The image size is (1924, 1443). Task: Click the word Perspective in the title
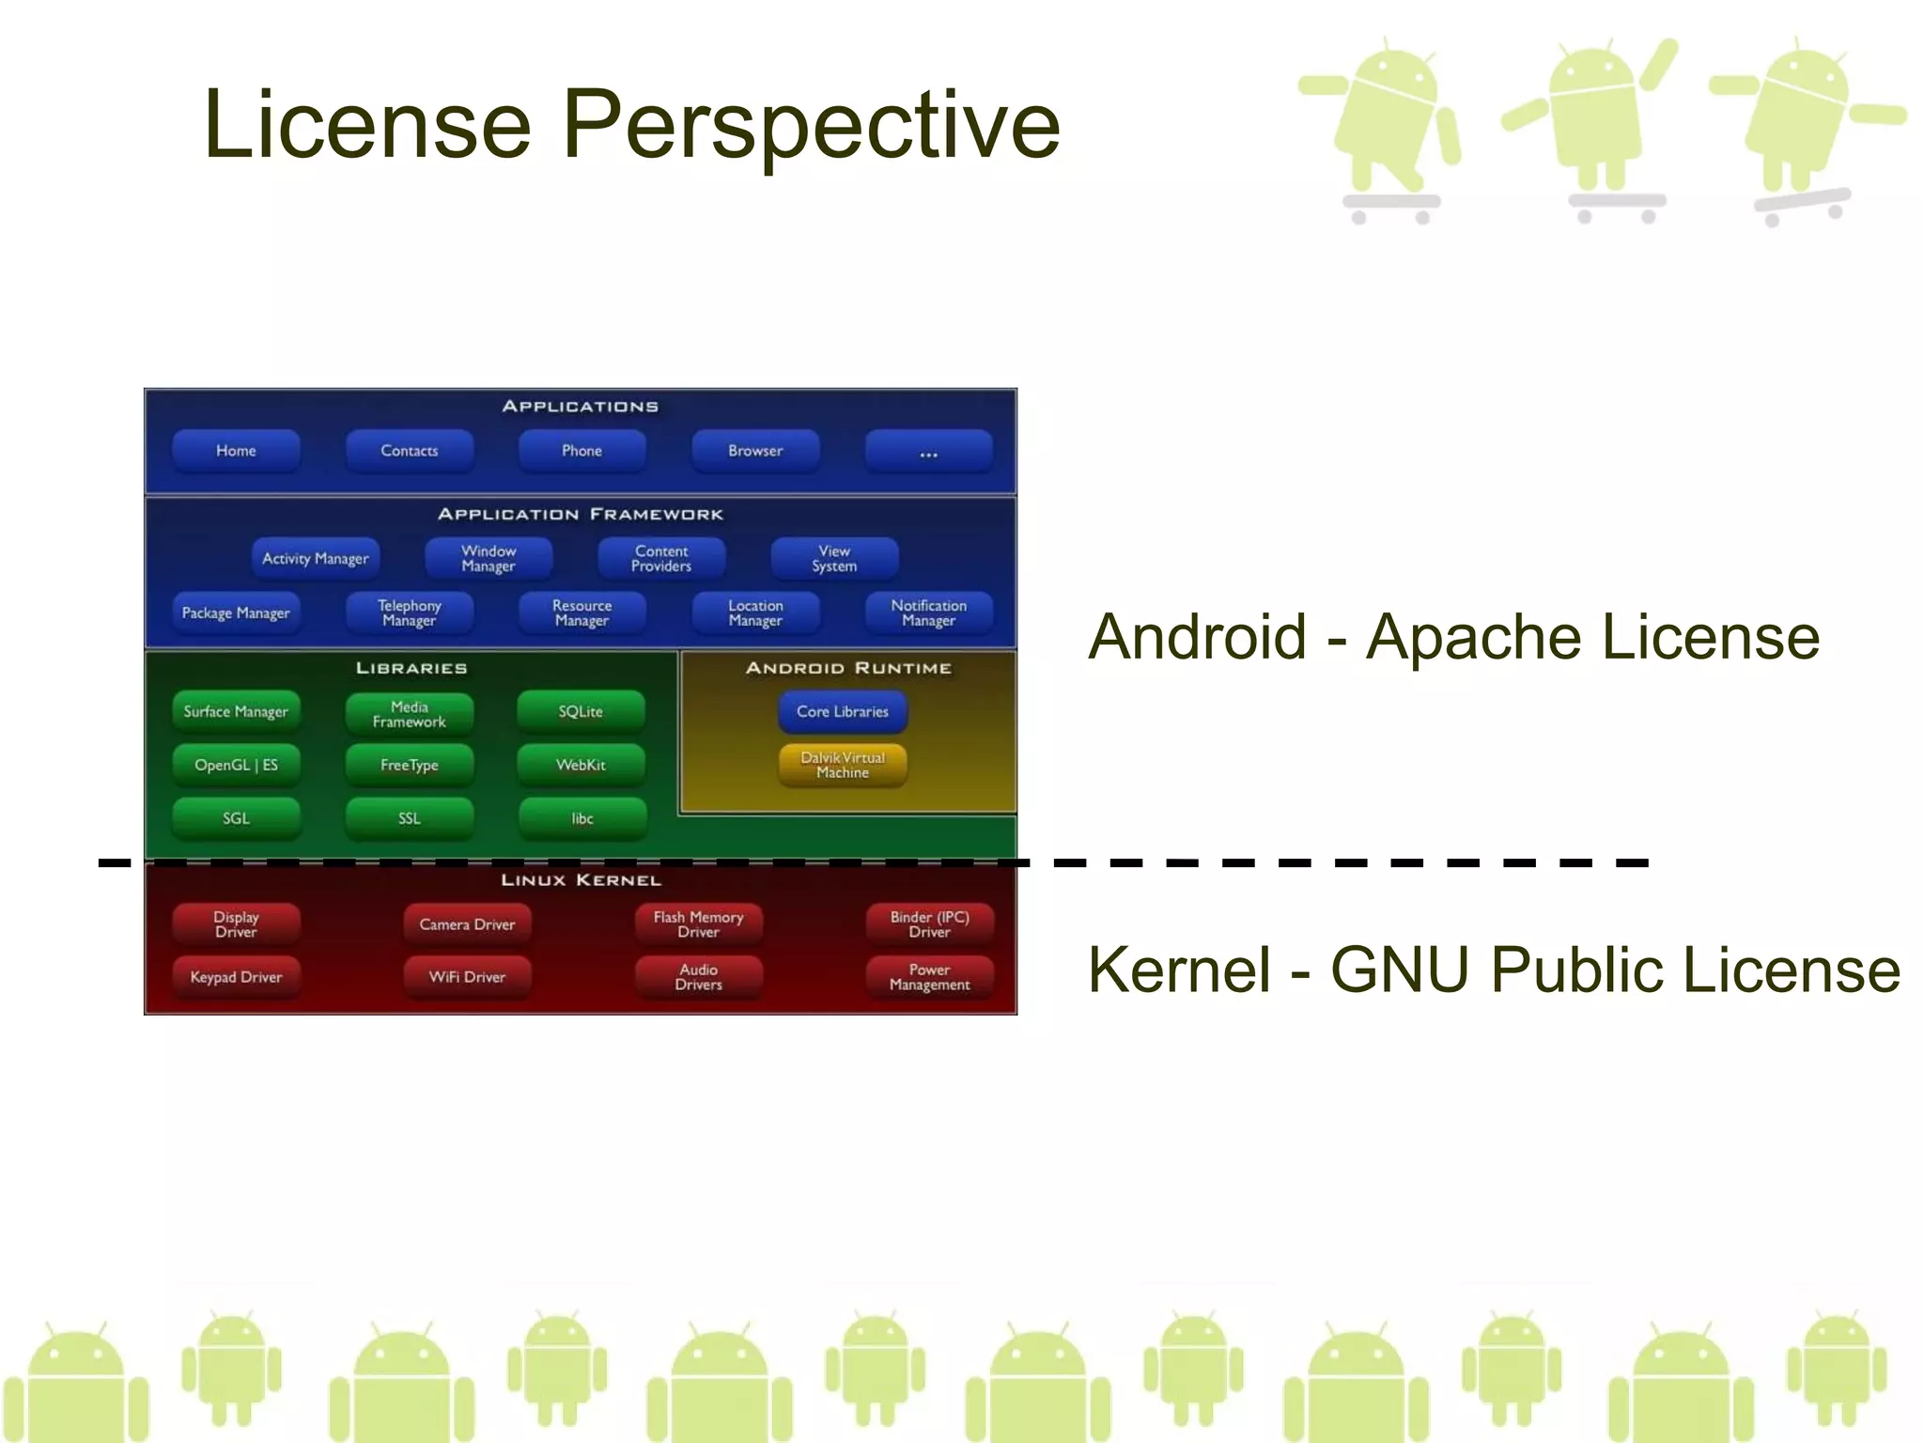pyautogui.click(x=811, y=125)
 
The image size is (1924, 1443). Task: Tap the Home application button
pyautogui.click(x=236, y=451)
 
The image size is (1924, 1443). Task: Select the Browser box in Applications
pyautogui.click(x=755, y=451)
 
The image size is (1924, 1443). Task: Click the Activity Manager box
pyautogui.click(x=316, y=559)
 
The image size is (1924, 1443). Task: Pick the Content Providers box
pyautogui.click(x=661, y=559)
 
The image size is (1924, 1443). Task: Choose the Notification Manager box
pyautogui.click(x=928, y=613)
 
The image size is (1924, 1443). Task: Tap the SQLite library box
pyautogui.click(x=581, y=712)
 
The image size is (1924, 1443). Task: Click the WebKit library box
pyautogui.click(x=581, y=766)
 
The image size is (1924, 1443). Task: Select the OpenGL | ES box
pyautogui.click(x=236, y=766)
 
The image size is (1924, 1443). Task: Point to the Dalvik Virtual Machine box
pyautogui.click(x=843, y=766)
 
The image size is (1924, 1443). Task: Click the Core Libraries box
pyautogui.click(x=843, y=712)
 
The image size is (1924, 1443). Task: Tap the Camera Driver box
pyautogui.click(x=467, y=924)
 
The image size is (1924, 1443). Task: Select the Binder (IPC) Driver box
pyautogui.click(x=929, y=924)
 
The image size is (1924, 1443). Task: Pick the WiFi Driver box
pyautogui.click(x=467, y=977)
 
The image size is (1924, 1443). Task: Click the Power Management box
pyautogui.click(x=929, y=977)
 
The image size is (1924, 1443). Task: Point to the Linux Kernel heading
pyautogui.click(x=581, y=880)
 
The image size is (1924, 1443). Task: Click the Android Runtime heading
pyautogui.click(x=848, y=668)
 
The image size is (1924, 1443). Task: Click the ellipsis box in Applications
pyautogui.click(x=928, y=451)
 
